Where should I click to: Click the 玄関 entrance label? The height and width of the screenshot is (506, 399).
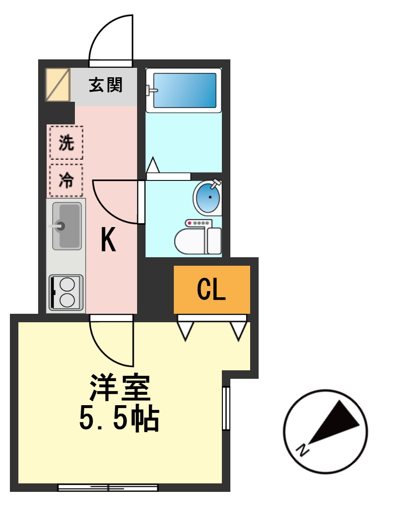(x=106, y=85)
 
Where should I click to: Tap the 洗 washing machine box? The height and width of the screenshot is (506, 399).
(x=66, y=142)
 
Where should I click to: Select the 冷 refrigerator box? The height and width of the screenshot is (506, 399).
(x=66, y=180)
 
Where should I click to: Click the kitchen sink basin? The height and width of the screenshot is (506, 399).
(x=66, y=226)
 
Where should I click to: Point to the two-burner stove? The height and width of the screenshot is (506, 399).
(x=66, y=293)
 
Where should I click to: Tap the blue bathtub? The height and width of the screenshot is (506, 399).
(x=183, y=90)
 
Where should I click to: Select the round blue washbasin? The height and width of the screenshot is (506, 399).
(x=208, y=198)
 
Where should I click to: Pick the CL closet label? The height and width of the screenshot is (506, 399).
(x=212, y=289)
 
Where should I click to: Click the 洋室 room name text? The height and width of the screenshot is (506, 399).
(x=120, y=387)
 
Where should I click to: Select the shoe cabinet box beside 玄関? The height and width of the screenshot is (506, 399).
(x=58, y=85)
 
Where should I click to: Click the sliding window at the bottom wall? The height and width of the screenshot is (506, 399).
(x=108, y=487)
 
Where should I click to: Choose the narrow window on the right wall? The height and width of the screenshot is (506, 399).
(x=226, y=408)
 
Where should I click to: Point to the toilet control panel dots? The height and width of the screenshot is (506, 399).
(x=197, y=223)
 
